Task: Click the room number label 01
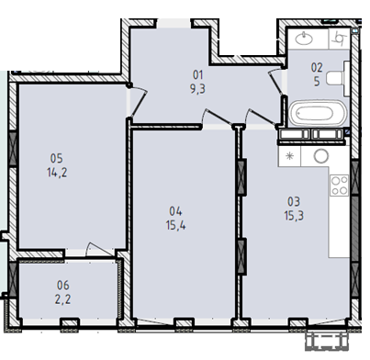tap(197, 74)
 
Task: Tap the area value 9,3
tap(197, 89)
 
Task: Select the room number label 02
tap(317, 67)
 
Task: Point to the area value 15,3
tap(294, 216)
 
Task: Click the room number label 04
tap(175, 211)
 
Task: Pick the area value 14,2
tap(57, 173)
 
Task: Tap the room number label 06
tap(63, 286)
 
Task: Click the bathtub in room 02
tap(317, 113)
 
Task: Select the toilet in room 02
tap(338, 78)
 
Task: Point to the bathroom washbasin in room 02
tap(304, 39)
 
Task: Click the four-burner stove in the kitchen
tap(340, 185)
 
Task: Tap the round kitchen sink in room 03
tap(321, 156)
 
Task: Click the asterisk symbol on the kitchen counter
tap(289, 156)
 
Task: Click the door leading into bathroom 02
tap(275, 82)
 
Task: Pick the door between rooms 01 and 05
tap(138, 101)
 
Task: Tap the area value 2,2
tap(63, 299)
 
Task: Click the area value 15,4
tap(175, 226)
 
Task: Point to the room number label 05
tap(57, 158)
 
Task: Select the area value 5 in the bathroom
tap(317, 82)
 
